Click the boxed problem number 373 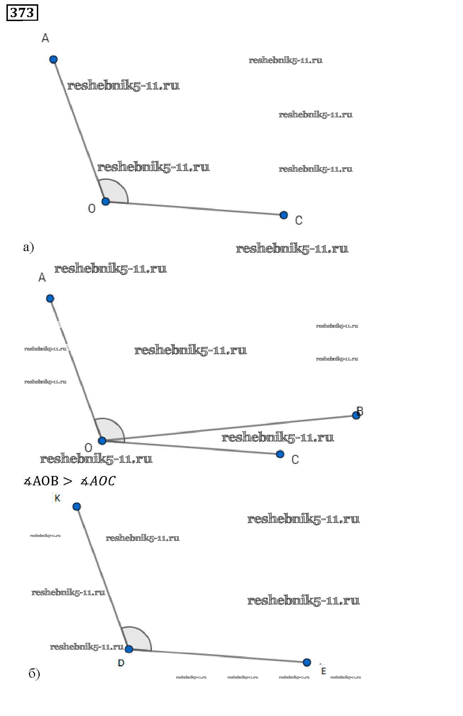click(x=22, y=13)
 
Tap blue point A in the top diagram click(x=53, y=59)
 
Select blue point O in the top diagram click(x=105, y=201)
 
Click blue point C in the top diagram click(x=284, y=215)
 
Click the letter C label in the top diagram click(x=299, y=220)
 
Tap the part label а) click(x=28, y=247)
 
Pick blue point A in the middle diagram click(x=50, y=298)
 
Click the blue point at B click(x=356, y=415)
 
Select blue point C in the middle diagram click(x=280, y=454)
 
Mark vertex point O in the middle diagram click(x=102, y=440)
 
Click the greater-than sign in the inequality click(x=67, y=481)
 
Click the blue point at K click(x=77, y=506)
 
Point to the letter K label click(x=57, y=498)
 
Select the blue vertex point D click(x=129, y=649)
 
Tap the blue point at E click(x=307, y=662)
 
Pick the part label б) click(x=34, y=674)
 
